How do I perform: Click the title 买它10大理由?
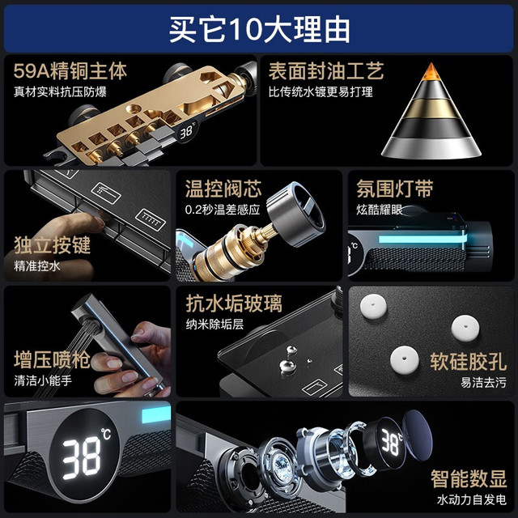(259, 29)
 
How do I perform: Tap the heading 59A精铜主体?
(70, 70)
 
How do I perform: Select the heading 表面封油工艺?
(325, 70)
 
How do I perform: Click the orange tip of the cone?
(431, 72)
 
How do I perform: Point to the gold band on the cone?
(431, 108)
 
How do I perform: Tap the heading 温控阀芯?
(223, 189)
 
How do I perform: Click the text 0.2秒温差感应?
(223, 210)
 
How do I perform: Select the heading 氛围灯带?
(395, 189)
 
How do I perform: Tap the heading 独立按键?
(52, 245)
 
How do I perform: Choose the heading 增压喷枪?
(52, 359)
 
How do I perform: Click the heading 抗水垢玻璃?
(234, 304)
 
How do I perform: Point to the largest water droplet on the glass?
(287, 366)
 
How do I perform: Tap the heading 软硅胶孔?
(468, 362)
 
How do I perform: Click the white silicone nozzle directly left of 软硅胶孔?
(405, 359)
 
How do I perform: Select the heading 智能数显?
(468, 478)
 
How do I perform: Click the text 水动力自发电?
(471, 499)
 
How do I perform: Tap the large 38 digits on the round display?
(82, 459)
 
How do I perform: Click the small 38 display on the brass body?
(186, 132)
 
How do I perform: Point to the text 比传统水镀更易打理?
(321, 91)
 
